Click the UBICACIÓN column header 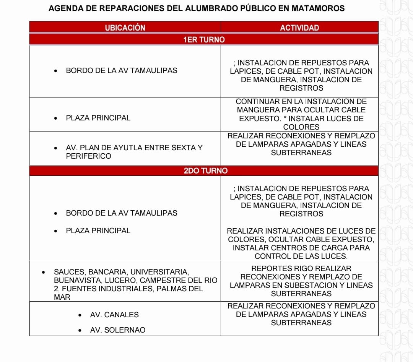tap(125, 28)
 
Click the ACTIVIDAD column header tap(299, 28)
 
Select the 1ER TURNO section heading tap(204, 39)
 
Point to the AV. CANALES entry tap(114, 315)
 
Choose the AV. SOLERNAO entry tap(118, 330)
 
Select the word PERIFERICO tap(88, 156)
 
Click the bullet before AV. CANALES tap(80, 315)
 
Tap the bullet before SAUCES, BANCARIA tap(44, 272)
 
